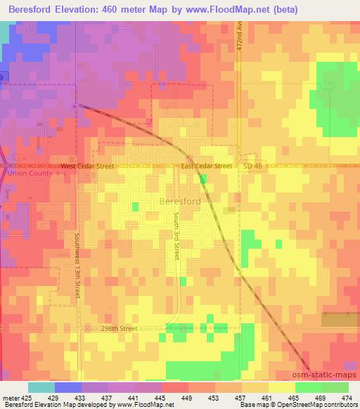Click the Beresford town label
181,201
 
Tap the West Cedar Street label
86,167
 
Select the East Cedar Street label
206,167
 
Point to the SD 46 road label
252,166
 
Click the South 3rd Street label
177,237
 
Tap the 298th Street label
118,328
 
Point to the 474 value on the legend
347,398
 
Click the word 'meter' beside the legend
8,398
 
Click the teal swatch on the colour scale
41,387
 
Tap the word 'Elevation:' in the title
87,9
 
